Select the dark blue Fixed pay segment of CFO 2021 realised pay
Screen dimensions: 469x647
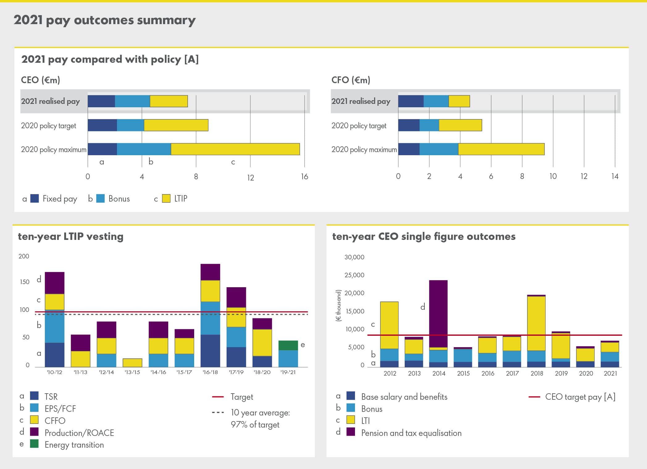tap(411, 101)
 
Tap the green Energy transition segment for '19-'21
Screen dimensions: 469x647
tap(288, 345)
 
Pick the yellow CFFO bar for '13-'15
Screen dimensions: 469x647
tap(132, 363)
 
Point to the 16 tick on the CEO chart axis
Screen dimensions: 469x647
tap(304, 177)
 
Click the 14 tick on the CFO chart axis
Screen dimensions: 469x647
tap(615, 176)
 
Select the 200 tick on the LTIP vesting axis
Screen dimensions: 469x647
tap(24, 256)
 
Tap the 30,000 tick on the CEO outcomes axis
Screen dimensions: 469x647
tap(354, 257)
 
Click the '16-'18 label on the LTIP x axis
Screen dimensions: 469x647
tap(210, 372)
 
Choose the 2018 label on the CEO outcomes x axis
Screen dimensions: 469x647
tap(536, 373)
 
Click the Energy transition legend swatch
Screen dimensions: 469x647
tap(34, 444)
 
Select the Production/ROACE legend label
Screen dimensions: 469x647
tap(79, 433)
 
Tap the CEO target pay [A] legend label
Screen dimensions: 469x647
tap(580, 397)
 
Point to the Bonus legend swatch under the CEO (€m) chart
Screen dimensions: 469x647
tap(100, 198)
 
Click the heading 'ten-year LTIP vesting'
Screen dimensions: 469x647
tap(71, 237)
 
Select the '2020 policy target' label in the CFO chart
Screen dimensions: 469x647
tap(359, 126)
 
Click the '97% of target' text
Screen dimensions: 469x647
tap(255, 425)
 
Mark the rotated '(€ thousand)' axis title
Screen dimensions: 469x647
tap(339, 306)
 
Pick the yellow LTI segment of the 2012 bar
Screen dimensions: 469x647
tap(389, 325)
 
